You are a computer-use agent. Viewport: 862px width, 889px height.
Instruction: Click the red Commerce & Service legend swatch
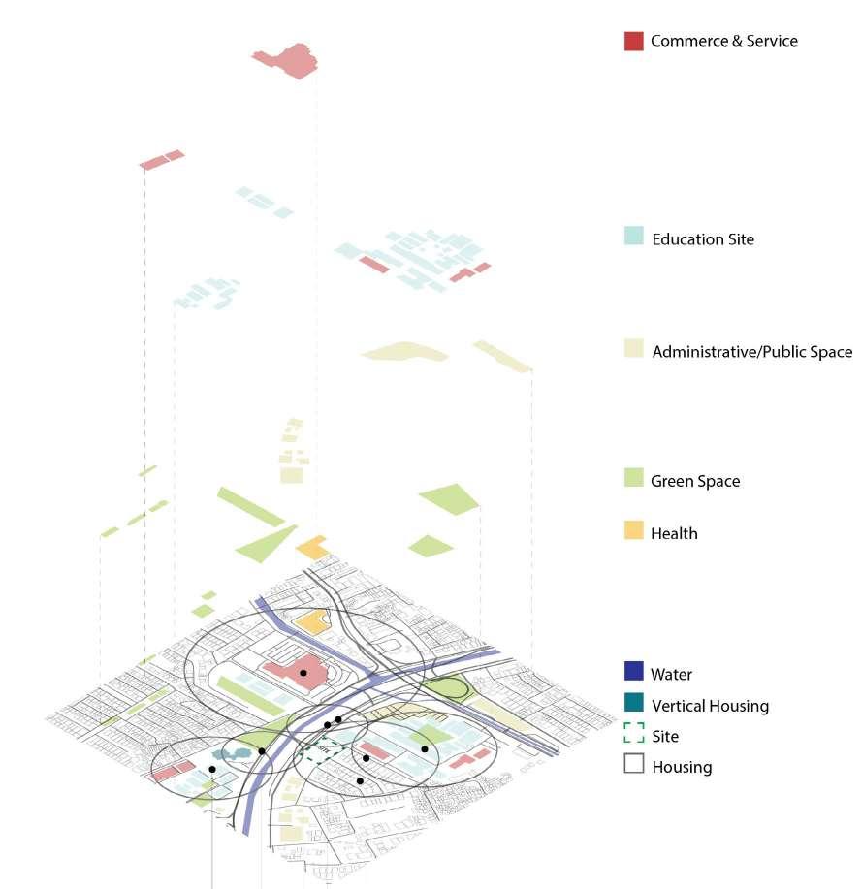pyautogui.click(x=633, y=41)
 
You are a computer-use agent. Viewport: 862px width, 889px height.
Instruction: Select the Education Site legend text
pyautogui.click(x=702, y=239)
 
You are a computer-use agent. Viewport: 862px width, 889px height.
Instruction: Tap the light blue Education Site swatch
pyautogui.click(x=633, y=236)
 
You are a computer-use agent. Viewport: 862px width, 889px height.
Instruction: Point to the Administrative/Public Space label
pyautogui.click(x=751, y=352)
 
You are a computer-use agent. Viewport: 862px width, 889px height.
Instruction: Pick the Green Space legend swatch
pyautogui.click(x=633, y=477)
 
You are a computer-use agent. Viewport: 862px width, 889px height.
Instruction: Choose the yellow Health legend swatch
pyautogui.click(x=633, y=530)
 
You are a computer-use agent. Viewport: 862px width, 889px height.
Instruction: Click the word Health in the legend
pyautogui.click(x=674, y=533)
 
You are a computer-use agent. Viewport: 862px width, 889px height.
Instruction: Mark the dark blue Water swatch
pyautogui.click(x=633, y=671)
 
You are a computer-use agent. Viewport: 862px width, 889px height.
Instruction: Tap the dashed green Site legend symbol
pyautogui.click(x=633, y=734)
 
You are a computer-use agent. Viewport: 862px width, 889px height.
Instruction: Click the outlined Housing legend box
pyautogui.click(x=633, y=764)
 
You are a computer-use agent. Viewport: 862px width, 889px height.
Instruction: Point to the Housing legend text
pyautogui.click(x=682, y=767)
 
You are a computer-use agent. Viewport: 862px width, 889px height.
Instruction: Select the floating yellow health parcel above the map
pyautogui.click(x=312, y=548)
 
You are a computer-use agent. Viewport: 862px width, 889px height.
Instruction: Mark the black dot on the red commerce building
pyautogui.click(x=303, y=672)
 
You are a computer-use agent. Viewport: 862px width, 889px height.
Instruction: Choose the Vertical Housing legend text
pyautogui.click(x=710, y=706)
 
